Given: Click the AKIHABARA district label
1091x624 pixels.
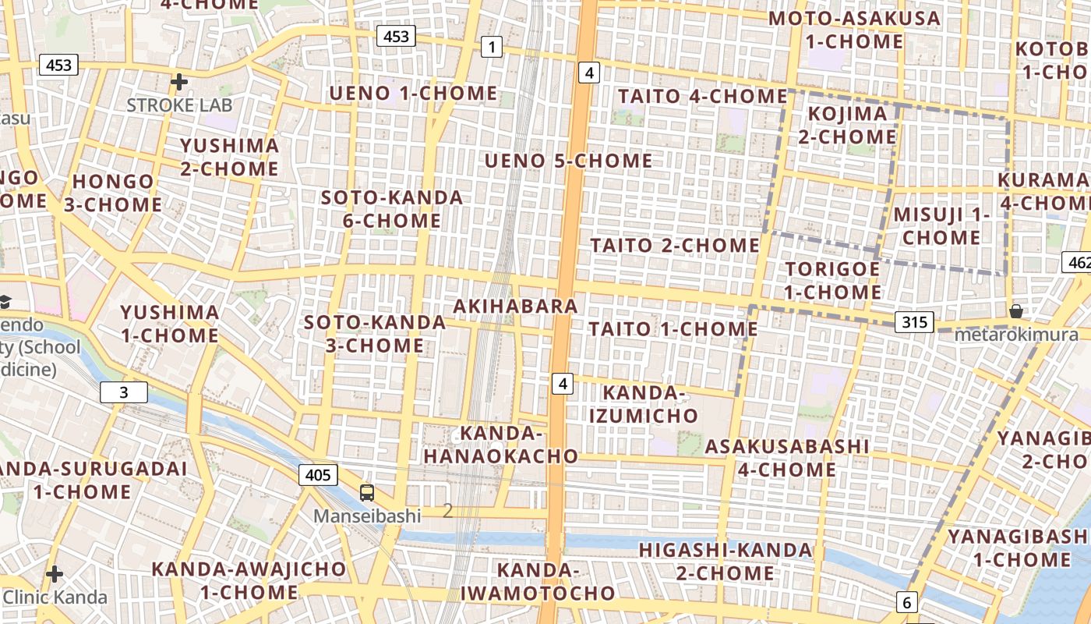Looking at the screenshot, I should pyautogui.click(x=515, y=306).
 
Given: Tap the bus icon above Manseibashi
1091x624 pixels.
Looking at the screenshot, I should pyautogui.click(x=367, y=492).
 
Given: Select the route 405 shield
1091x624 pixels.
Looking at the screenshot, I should pyautogui.click(x=318, y=474).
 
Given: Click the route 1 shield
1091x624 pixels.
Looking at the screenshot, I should pyautogui.click(x=491, y=48).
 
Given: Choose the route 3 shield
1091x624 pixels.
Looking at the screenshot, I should pyautogui.click(x=124, y=392).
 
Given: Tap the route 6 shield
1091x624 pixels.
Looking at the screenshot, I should pyautogui.click(x=906, y=602).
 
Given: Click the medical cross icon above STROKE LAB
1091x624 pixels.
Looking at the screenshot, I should pyautogui.click(x=179, y=81).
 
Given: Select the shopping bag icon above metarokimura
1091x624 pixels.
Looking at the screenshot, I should pyautogui.click(x=1016, y=311).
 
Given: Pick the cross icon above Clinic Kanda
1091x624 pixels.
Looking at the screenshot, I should pyautogui.click(x=54, y=575).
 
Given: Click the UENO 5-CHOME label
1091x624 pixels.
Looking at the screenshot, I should pyautogui.click(x=569, y=161).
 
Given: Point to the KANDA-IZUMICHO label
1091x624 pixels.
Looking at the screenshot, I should pyautogui.click(x=644, y=403).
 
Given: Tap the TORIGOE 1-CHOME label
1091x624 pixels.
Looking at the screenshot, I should pyautogui.click(x=832, y=280).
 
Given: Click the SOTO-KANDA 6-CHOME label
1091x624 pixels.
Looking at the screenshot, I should pyautogui.click(x=392, y=209).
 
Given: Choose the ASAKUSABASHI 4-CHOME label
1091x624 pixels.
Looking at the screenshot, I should pyautogui.click(x=787, y=458).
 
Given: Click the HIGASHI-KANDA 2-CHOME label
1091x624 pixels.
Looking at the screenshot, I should pyautogui.click(x=726, y=562).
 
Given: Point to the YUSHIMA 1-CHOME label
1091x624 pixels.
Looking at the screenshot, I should pyautogui.click(x=169, y=324).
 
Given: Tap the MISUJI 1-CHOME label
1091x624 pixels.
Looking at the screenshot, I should pyautogui.click(x=941, y=225).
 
